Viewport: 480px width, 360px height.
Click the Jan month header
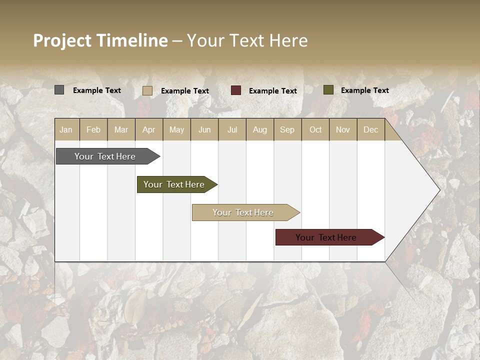[66, 129]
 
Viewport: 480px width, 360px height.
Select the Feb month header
[93, 129]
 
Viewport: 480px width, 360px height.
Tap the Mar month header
[121, 129]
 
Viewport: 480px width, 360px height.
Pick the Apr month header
[149, 129]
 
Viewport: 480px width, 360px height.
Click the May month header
[176, 129]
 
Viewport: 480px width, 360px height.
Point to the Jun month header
[204, 129]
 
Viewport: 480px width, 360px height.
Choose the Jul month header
[232, 129]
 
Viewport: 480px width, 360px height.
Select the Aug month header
[260, 129]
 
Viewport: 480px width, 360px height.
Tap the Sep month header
[287, 129]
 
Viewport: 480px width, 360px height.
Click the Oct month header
[315, 129]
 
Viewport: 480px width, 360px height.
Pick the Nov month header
[343, 129]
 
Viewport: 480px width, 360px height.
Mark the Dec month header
[371, 129]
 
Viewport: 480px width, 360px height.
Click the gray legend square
[59, 90]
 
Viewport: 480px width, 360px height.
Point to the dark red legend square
[236, 90]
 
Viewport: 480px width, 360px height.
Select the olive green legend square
[328, 90]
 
